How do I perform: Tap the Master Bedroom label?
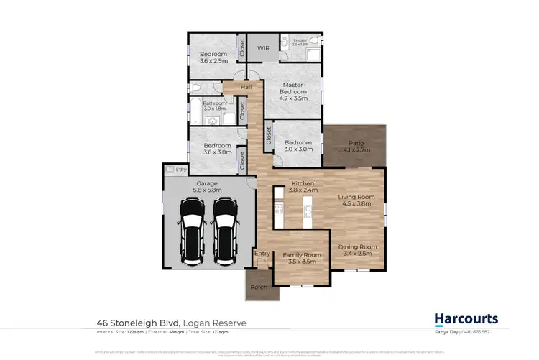click(x=292, y=88)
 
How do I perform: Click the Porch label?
click(x=258, y=287)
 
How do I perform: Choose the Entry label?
click(x=262, y=253)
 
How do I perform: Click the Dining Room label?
click(x=358, y=246)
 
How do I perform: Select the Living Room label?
click(x=357, y=196)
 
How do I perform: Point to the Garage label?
click(x=207, y=183)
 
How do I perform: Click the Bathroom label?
click(x=214, y=103)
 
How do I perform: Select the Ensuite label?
click(x=300, y=40)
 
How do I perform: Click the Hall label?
click(x=247, y=88)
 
